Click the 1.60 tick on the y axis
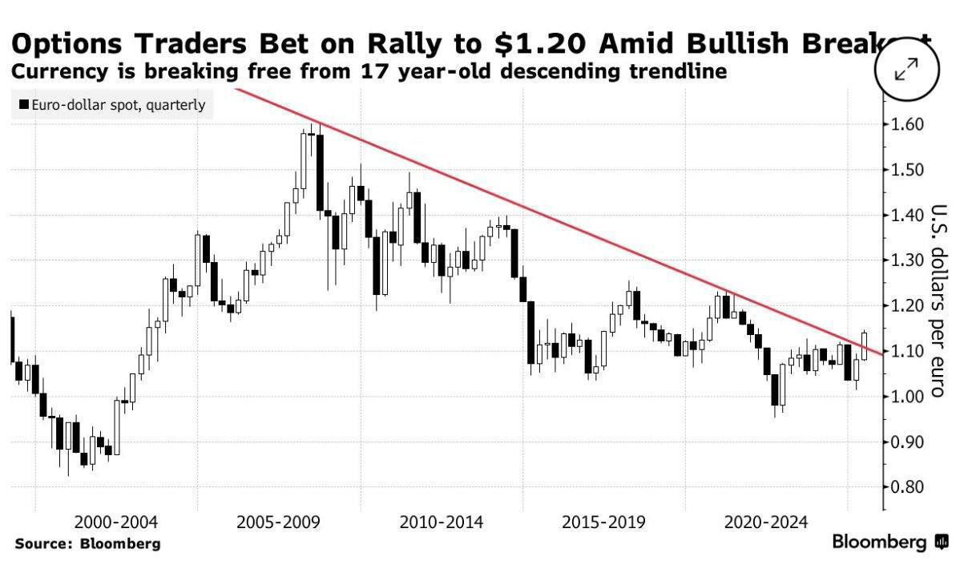point(906,125)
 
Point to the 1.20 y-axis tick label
point(906,306)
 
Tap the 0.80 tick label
point(906,487)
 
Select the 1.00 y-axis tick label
point(906,397)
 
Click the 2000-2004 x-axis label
point(116,523)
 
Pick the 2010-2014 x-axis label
point(442,523)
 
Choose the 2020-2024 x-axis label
point(765,523)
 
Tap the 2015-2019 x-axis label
point(603,523)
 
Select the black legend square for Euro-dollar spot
point(24,105)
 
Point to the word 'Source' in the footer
point(42,544)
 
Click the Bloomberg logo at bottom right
point(889,543)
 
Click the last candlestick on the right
point(865,345)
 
